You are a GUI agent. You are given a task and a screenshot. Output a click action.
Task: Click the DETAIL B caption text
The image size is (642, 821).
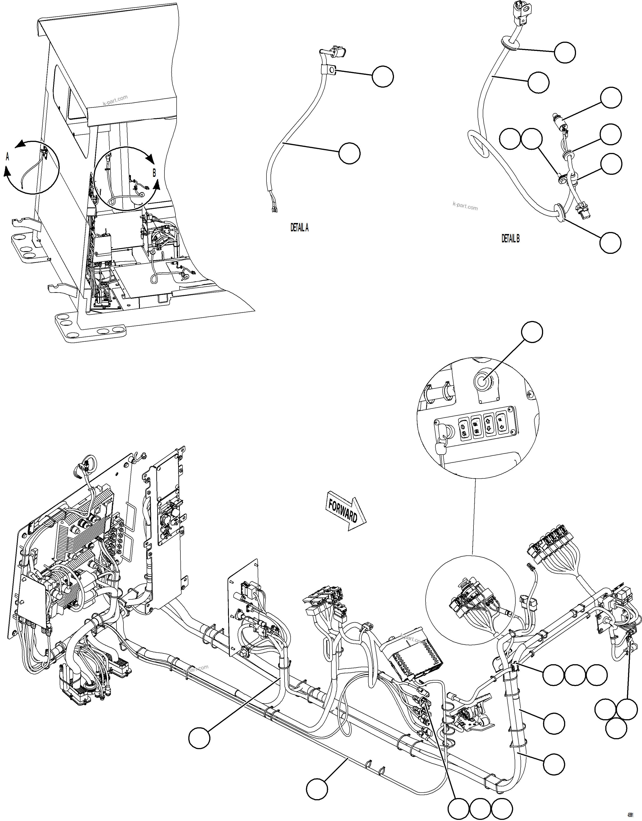pyautogui.click(x=510, y=238)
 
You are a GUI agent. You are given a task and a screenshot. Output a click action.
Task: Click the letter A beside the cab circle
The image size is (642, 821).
pyautogui.click(x=7, y=157)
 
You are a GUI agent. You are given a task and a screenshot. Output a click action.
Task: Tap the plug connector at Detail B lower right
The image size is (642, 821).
pyautogui.click(x=581, y=213)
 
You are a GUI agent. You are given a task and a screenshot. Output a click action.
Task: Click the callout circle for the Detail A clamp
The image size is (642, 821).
pyautogui.click(x=383, y=76)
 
